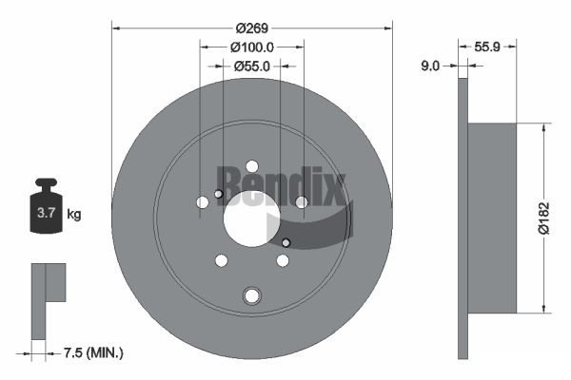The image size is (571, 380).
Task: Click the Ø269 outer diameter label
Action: (252, 28)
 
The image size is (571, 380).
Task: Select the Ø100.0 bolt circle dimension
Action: (252, 47)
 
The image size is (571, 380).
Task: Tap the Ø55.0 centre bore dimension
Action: (252, 66)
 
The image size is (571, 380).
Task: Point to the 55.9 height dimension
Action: (487, 47)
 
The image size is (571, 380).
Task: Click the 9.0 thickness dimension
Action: (430, 66)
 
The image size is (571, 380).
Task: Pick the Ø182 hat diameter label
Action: (543, 218)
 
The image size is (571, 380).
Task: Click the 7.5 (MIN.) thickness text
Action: (93, 352)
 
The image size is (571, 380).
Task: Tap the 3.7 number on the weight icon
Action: (47, 213)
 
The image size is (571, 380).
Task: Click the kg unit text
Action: (74, 214)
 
